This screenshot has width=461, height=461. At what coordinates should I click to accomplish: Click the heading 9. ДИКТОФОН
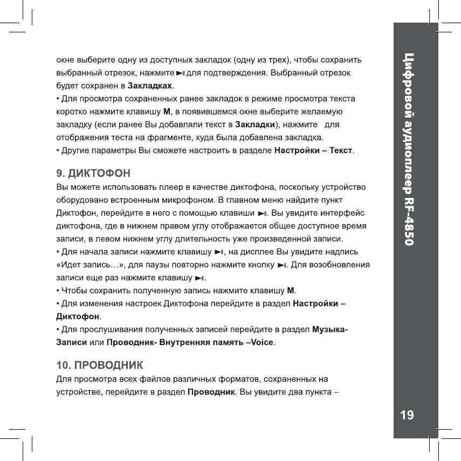(93, 174)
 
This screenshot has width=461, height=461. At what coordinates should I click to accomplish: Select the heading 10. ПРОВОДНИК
(100, 365)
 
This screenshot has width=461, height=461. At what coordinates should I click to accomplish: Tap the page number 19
(407, 415)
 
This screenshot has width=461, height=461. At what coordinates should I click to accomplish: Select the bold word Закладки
(256, 125)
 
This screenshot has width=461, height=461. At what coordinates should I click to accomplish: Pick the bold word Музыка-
(330, 329)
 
